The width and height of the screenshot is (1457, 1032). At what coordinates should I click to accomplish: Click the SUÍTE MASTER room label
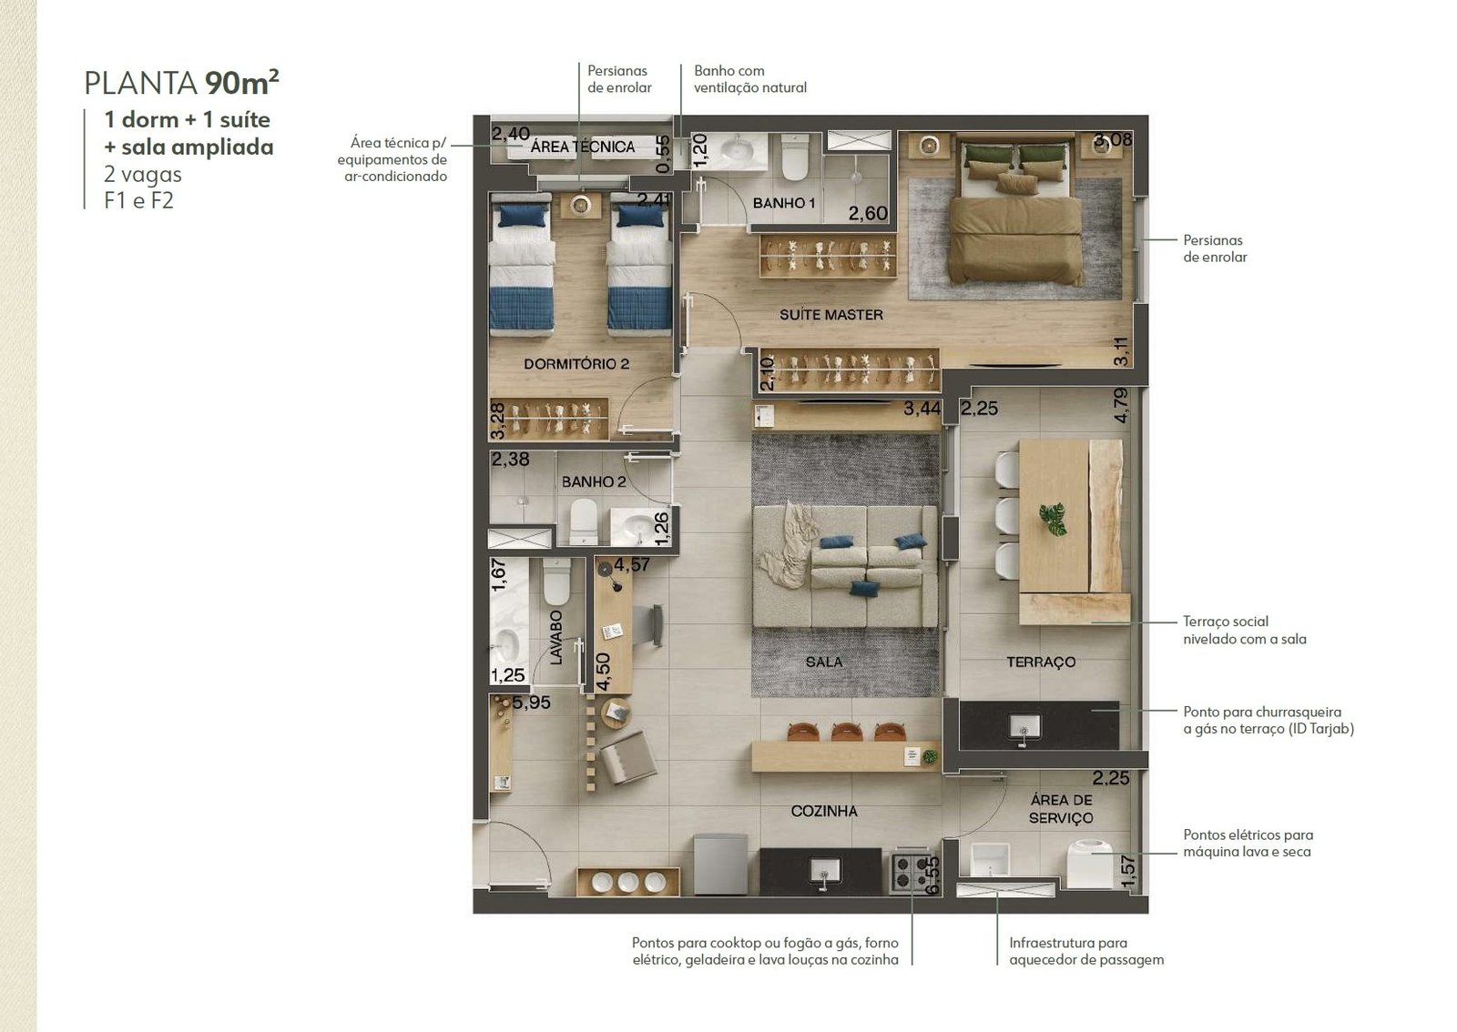(831, 315)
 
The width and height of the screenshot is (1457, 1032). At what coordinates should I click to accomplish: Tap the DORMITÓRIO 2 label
(576, 364)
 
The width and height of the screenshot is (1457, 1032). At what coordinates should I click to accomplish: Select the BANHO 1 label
(784, 204)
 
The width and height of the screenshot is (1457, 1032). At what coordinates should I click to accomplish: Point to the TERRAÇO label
(1041, 663)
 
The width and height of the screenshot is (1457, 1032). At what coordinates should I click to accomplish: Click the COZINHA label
(824, 811)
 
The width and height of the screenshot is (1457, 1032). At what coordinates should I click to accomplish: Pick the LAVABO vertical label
(556, 638)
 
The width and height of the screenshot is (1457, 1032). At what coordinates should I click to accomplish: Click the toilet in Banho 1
(794, 157)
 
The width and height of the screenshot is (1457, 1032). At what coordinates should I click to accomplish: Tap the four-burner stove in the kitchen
(911, 872)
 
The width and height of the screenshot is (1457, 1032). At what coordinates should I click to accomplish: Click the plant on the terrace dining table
(1053, 519)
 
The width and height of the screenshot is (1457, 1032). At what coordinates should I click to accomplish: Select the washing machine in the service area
(1090, 865)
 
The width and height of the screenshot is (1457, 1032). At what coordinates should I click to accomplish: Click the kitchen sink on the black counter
(823, 870)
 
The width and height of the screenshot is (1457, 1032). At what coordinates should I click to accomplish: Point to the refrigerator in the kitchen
(720, 865)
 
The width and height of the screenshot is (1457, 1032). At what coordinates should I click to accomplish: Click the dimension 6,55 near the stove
(932, 875)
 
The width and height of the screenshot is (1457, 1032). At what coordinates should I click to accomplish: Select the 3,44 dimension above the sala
(922, 409)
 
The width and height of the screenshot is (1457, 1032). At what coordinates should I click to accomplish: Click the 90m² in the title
(241, 82)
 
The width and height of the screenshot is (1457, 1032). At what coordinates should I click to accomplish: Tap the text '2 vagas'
(142, 174)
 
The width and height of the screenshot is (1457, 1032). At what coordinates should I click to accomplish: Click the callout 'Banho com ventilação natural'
(750, 79)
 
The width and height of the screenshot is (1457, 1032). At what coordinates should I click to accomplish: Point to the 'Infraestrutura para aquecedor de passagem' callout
(1086, 951)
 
